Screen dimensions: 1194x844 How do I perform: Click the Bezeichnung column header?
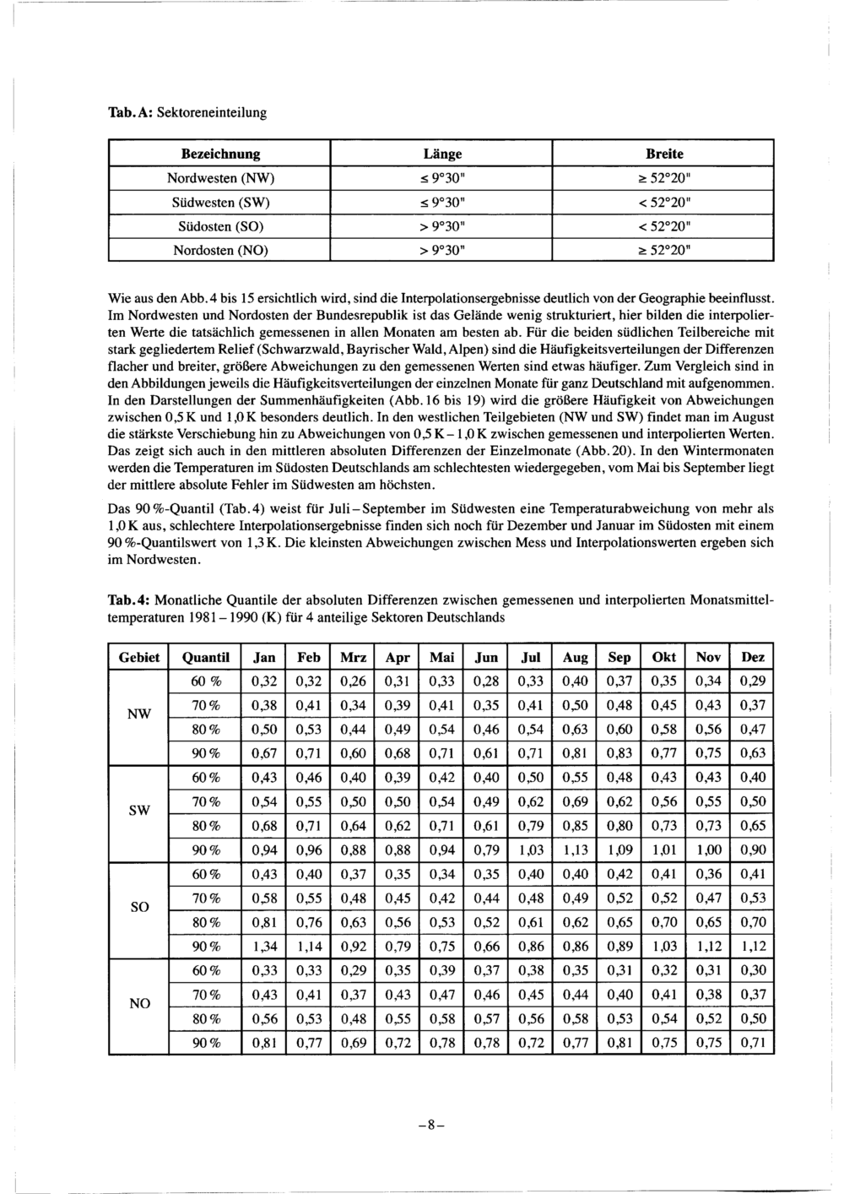point(221,154)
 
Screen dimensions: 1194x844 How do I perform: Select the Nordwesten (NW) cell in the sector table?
point(221,178)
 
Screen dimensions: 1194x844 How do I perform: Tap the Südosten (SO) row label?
point(221,227)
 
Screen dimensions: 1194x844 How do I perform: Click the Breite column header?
point(664,154)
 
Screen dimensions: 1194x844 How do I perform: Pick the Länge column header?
point(442,154)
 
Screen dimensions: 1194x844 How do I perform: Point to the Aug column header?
point(575,657)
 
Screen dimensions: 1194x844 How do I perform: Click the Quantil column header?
point(205,657)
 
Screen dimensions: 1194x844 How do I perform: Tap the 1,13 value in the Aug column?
point(575,850)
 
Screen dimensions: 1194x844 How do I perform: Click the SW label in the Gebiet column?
point(139,811)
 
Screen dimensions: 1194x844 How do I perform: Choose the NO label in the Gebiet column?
point(139,1004)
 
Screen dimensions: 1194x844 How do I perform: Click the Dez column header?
point(753,657)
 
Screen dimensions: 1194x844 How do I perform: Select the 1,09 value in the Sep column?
point(619,850)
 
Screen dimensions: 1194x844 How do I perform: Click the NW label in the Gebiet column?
point(139,714)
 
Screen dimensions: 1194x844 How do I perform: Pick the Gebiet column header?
point(139,657)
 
